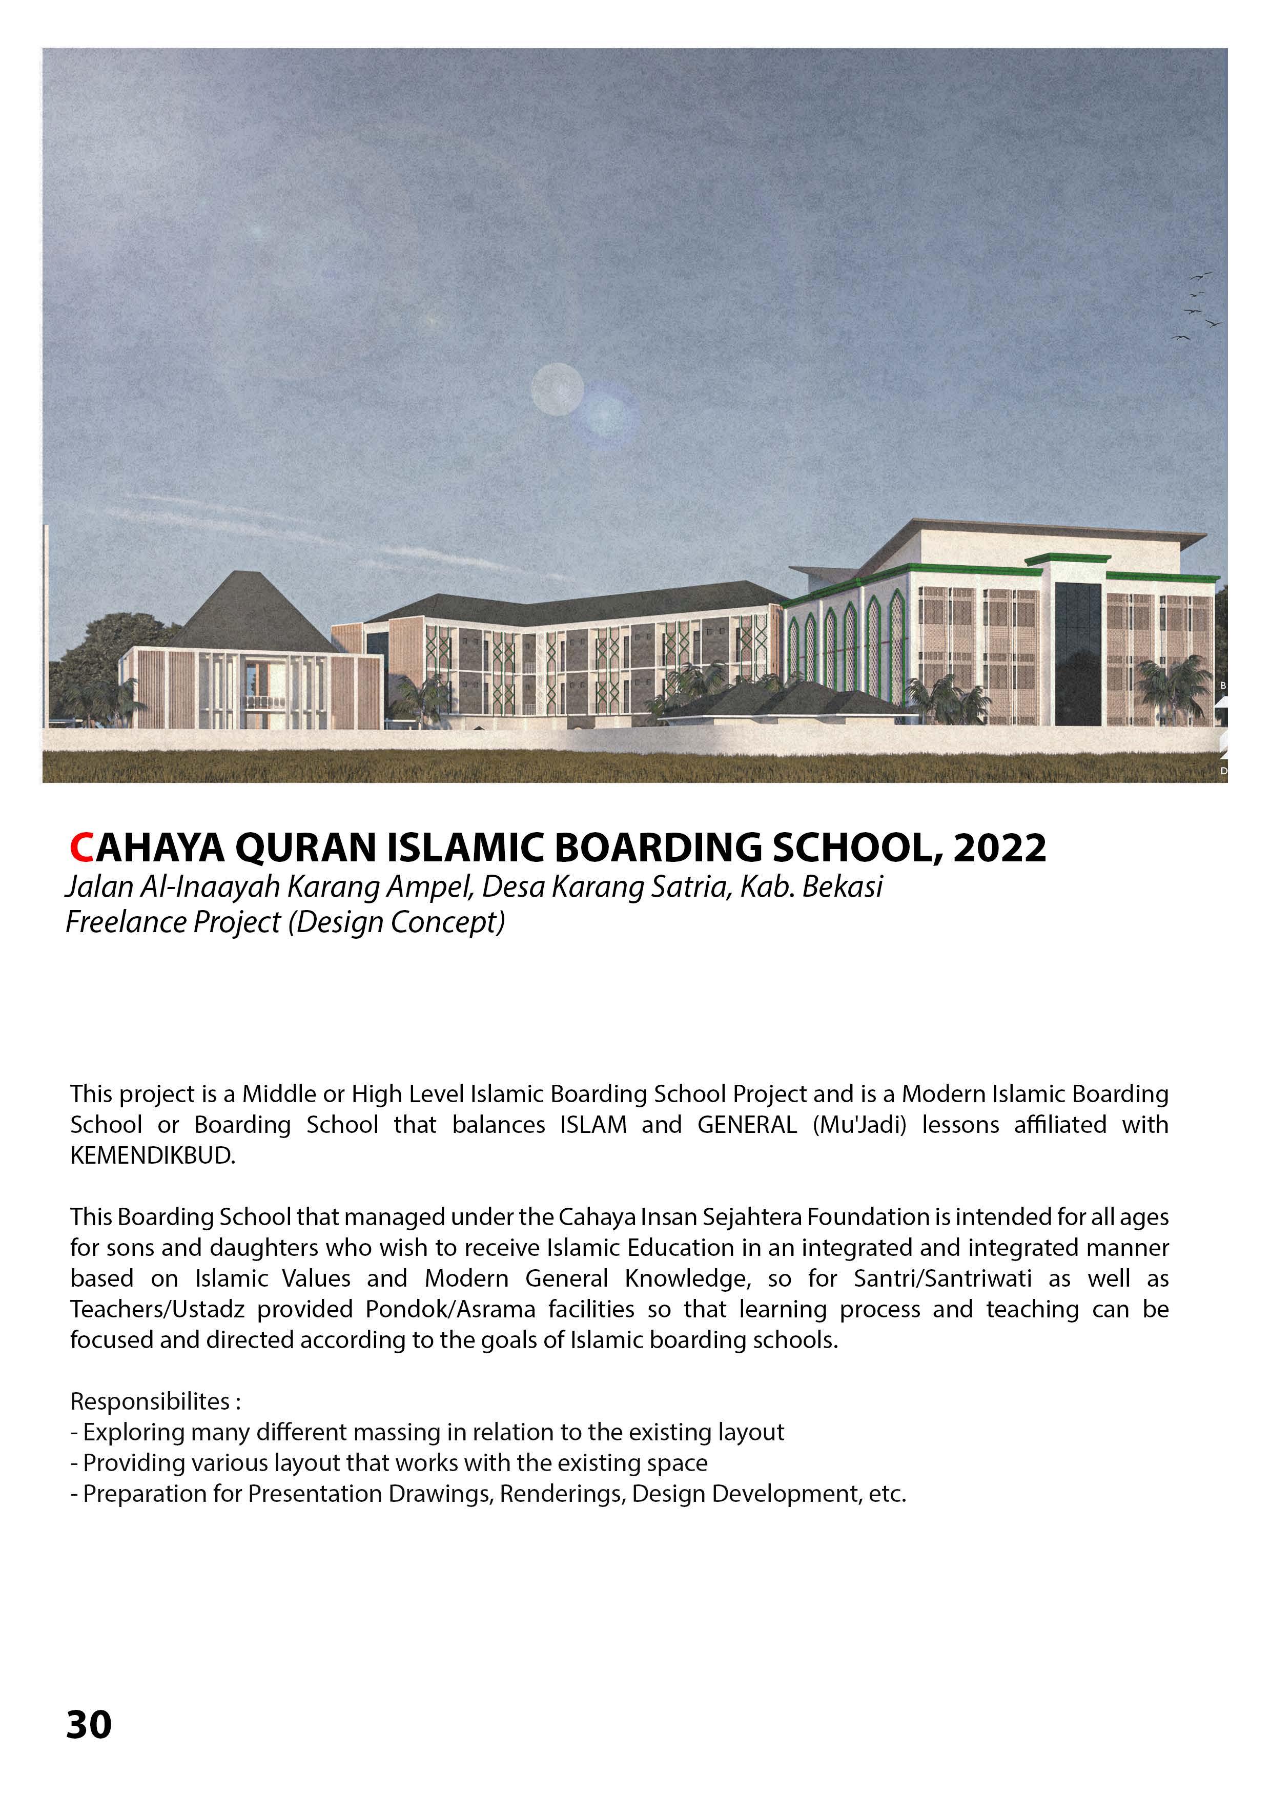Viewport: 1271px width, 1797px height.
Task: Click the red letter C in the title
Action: [81, 847]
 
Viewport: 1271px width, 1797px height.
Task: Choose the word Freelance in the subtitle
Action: [117, 922]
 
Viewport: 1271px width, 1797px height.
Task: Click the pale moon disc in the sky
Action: [557, 389]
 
